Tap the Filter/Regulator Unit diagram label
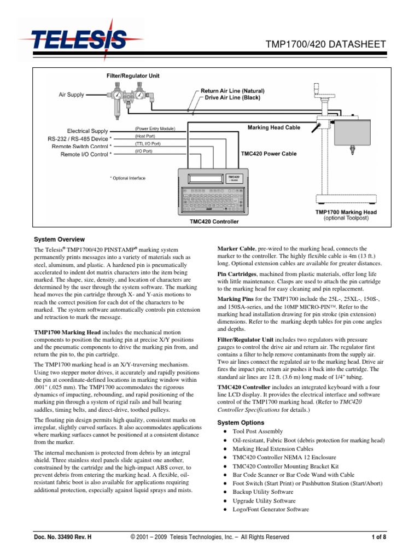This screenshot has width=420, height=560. tap(133, 75)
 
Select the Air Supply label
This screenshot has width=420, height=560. tap(72, 95)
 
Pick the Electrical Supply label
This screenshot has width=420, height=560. tap(89, 131)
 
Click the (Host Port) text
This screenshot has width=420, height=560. tap(145, 136)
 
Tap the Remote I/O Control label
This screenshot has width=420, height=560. tap(86, 154)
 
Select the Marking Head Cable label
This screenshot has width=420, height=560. tap(274, 127)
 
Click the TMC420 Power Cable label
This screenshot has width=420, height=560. tap(269, 154)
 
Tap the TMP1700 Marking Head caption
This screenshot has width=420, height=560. tap(346, 212)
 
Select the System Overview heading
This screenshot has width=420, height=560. tap(60, 239)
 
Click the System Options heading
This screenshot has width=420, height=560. tap(241, 423)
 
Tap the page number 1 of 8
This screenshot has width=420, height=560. tap(378, 537)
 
